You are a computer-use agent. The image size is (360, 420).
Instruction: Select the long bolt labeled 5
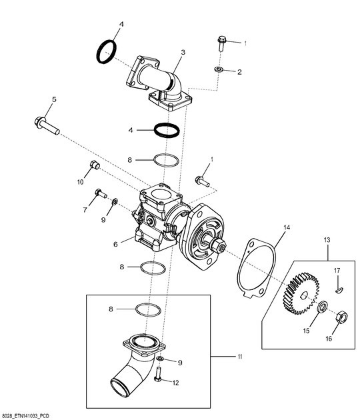click(47, 126)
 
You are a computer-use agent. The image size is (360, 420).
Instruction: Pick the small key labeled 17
click(339, 289)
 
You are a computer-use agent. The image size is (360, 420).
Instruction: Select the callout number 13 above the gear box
click(327, 239)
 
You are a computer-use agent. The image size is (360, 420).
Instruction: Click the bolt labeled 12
click(159, 377)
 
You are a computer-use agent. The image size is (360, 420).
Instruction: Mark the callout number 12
click(177, 383)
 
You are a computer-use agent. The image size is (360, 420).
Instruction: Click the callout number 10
click(79, 181)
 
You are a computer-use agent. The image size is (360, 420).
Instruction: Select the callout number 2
click(240, 71)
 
